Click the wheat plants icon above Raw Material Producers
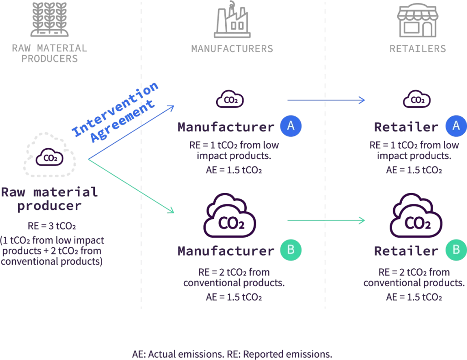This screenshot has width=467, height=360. pos(49,20)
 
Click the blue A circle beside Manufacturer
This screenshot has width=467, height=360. pos(291,126)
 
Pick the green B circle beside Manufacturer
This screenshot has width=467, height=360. pos(291,250)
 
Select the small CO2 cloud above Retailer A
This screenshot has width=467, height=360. pos(416,99)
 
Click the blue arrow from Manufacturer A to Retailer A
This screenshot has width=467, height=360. pos(326,100)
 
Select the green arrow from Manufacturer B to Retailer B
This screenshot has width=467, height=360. pos(326,220)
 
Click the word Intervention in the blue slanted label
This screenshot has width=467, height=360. pos(117,110)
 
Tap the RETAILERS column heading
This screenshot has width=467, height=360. pos(417,49)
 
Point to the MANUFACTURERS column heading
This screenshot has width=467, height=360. pos(232,49)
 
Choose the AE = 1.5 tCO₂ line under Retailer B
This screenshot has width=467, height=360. pos(414,297)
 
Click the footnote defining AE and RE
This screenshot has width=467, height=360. pos(232,354)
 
